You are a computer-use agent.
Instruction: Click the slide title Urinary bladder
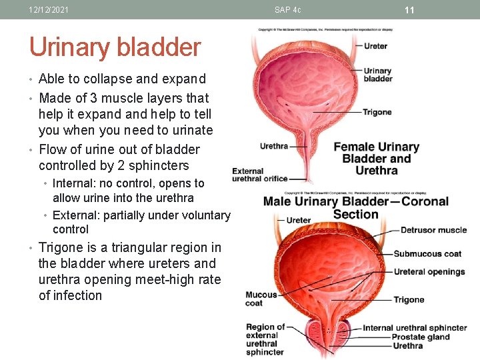pyautogui.click(x=115, y=47)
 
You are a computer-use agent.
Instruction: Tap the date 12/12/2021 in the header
pyautogui.click(x=49, y=10)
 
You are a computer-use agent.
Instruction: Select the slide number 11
pyautogui.click(x=409, y=10)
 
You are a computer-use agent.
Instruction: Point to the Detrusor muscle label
pyautogui.click(x=433, y=230)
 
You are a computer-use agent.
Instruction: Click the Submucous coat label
pyautogui.click(x=427, y=253)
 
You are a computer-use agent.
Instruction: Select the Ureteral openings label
pyautogui.click(x=429, y=271)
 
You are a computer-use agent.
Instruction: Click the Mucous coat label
pyautogui.click(x=261, y=299)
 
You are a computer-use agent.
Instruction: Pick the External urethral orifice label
pyautogui.click(x=259, y=175)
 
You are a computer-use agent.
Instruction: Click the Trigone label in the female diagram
pyautogui.click(x=377, y=112)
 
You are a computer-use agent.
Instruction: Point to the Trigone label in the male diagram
pyautogui.click(x=409, y=299)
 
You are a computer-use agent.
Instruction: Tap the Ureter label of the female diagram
pyautogui.click(x=375, y=46)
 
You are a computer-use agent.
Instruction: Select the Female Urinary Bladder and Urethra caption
pyautogui.click(x=377, y=159)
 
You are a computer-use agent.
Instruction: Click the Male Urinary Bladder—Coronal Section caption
pyautogui.click(x=355, y=207)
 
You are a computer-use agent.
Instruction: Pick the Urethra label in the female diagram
pyautogui.click(x=273, y=146)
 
